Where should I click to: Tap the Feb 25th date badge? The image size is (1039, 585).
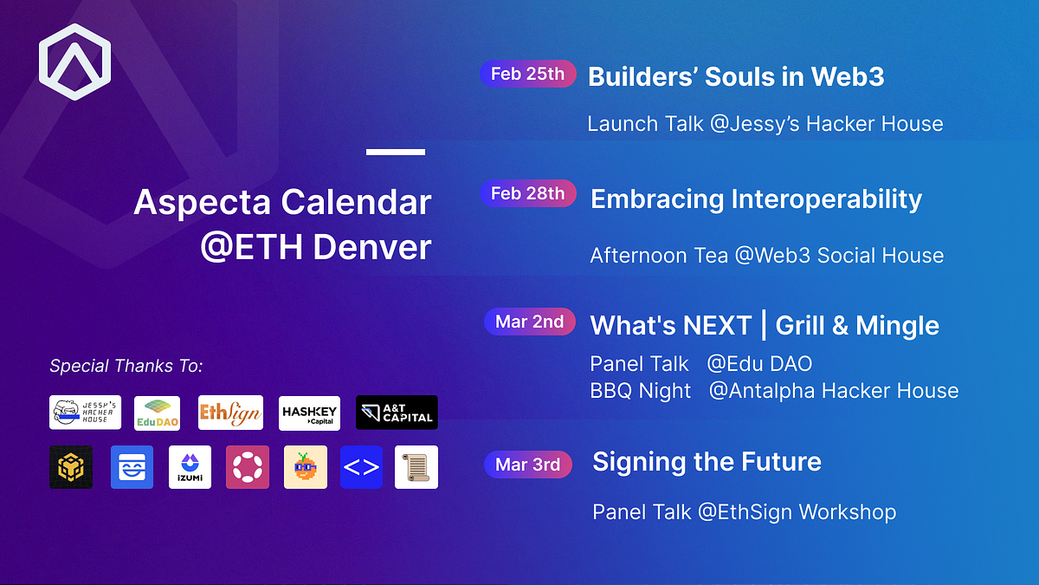[527, 74]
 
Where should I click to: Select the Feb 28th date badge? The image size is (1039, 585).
[527, 193]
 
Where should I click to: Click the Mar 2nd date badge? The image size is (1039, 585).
[529, 322]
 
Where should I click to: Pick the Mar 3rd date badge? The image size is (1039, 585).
[527, 465]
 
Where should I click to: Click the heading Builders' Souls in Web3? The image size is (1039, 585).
[736, 76]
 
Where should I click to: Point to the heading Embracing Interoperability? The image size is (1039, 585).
[756, 199]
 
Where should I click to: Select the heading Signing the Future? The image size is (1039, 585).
[707, 462]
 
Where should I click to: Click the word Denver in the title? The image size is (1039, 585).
[371, 248]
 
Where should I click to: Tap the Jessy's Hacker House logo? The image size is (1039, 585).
[86, 413]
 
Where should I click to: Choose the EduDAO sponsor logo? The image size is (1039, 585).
[158, 413]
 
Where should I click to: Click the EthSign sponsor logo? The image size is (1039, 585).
[230, 413]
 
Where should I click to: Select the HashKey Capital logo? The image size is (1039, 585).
[309, 413]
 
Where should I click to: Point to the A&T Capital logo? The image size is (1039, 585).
[397, 413]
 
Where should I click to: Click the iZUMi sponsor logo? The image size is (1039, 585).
[190, 467]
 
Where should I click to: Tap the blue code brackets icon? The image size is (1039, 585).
[361, 467]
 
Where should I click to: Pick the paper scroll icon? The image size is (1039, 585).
[416, 467]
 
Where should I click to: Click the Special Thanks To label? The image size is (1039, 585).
[126, 366]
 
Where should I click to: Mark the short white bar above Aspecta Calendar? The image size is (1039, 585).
[396, 153]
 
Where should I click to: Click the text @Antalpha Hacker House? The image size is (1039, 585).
[833, 391]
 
